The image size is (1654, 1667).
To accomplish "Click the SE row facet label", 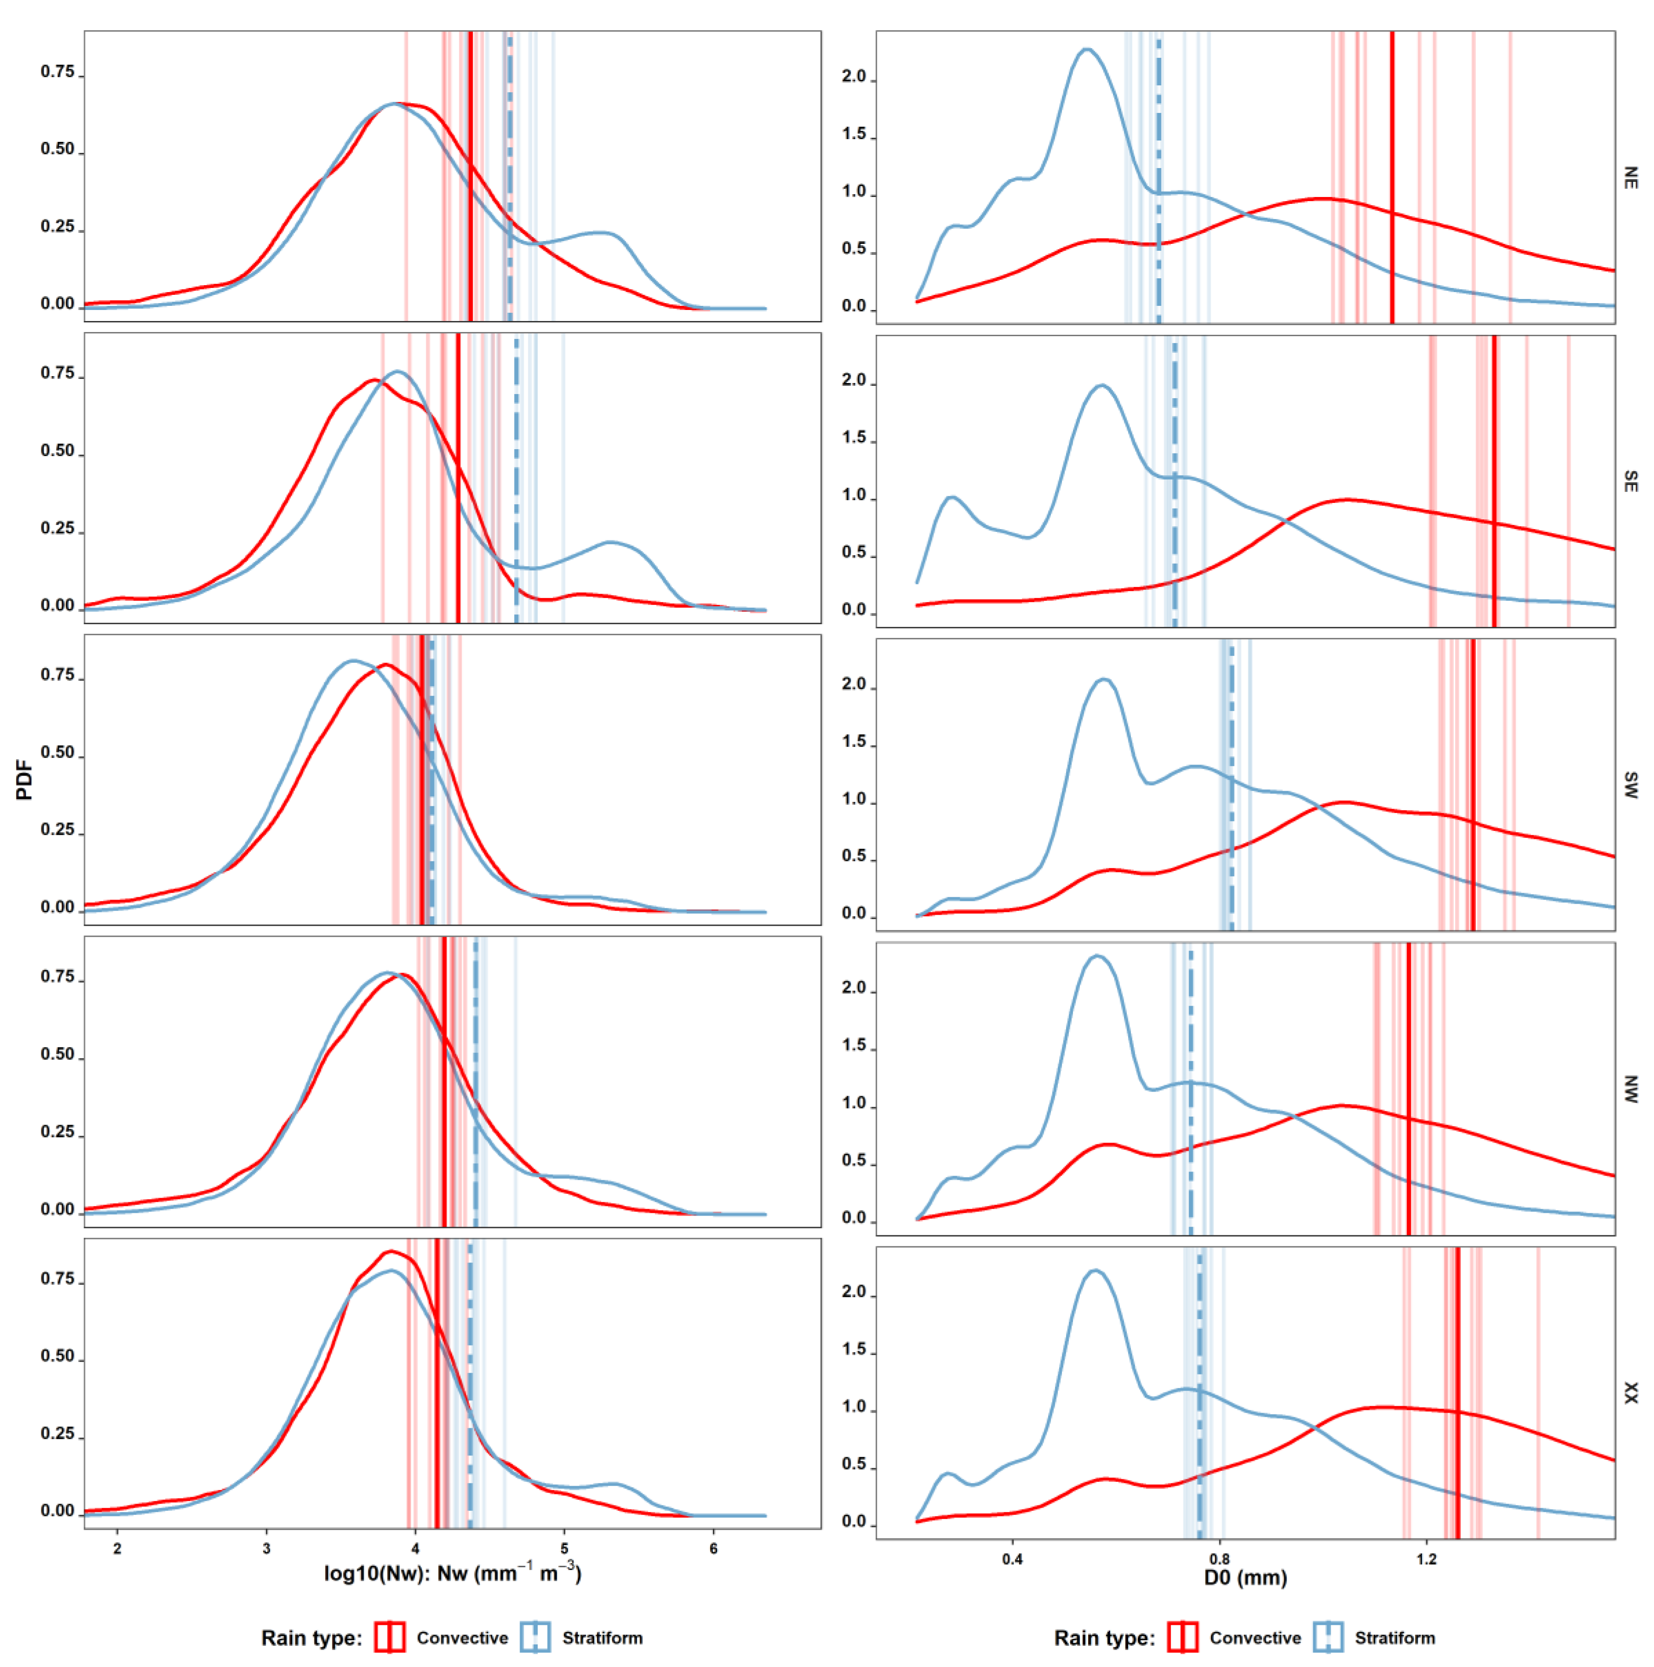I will point(1630,481).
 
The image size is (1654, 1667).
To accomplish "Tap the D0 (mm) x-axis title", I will point(1245,1577).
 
